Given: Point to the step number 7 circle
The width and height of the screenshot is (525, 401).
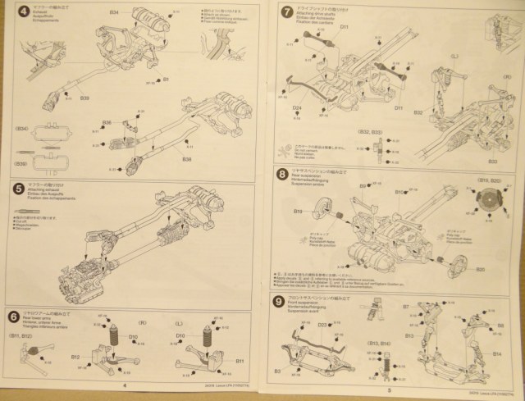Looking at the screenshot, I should (286, 12).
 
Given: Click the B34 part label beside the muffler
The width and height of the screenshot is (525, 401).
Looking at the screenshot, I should (114, 14).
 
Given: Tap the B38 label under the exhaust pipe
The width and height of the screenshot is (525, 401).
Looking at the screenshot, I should (186, 158).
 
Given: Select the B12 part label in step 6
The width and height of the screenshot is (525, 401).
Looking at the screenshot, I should (75, 358).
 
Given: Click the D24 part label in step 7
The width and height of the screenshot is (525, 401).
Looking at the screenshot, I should (297, 107).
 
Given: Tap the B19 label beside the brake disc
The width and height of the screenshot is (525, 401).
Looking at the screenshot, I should (299, 212).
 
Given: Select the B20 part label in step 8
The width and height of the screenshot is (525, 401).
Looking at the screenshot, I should (480, 268).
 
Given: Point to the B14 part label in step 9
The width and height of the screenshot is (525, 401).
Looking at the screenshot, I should (497, 353).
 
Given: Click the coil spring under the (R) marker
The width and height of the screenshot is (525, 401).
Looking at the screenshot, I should (116, 339).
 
